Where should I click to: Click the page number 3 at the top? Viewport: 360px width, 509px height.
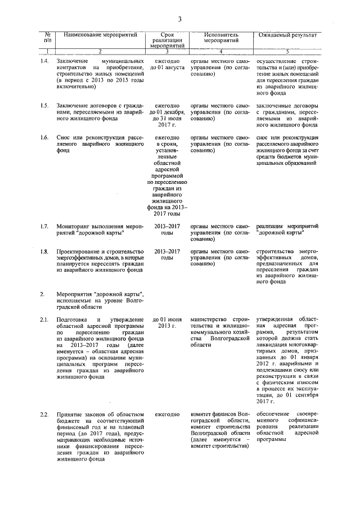(x=180, y=20)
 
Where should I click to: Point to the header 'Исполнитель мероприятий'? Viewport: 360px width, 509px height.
(x=221, y=37)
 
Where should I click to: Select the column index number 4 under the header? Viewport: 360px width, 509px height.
(x=221, y=52)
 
